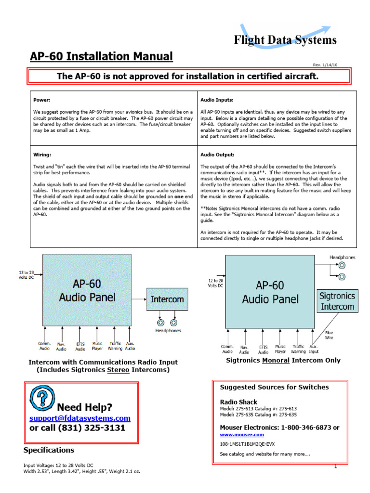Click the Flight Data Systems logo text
pyautogui.click(x=285, y=40)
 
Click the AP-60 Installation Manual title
pyautogui.click(x=101, y=56)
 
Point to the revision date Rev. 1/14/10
pyautogui.click(x=330, y=65)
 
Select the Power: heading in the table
pyautogui.click(x=42, y=100)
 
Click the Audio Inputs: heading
pyautogui.click(x=217, y=100)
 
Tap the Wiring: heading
pyautogui.click(x=42, y=155)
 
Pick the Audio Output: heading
pyautogui.click(x=218, y=155)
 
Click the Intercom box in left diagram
pyautogui.click(x=167, y=299)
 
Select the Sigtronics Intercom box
pyautogui.click(x=337, y=301)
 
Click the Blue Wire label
pyautogui.click(x=329, y=335)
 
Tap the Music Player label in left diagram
pyautogui.click(x=97, y=346)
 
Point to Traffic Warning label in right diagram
pyautogui.click(x=298, y=349)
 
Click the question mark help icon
pyautogui.click(x=40, y=397)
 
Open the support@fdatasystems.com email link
pyautogui.click(x=80, y=418)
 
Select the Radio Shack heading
pyautogui.click(x=238, y=402)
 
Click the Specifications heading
pyautogui.click(x=49, y=450)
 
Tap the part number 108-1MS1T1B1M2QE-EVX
pyautogui.click(x=247, y=444)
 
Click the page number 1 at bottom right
pyautogui.click(x=335, y=467)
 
